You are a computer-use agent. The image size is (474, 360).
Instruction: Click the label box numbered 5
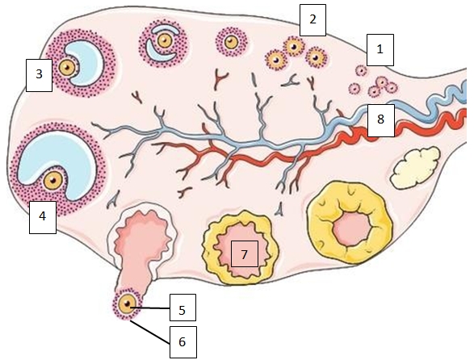point(182,308)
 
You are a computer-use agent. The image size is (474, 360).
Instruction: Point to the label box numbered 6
point(182,342)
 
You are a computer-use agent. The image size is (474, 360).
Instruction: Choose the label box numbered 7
point(244,254)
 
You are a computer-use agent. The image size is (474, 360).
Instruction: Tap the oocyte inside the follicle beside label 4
point(54,178)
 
